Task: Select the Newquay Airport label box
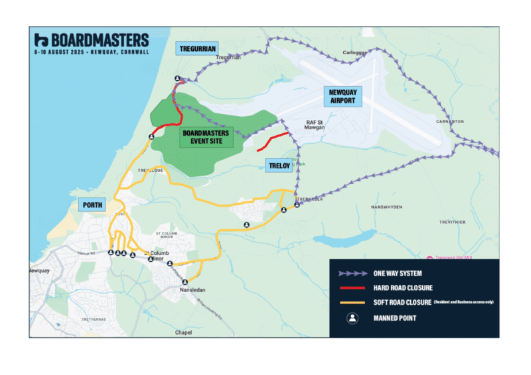[x=343, y=97]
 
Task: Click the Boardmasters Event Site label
[x=205, y=137]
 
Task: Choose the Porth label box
[x=92, y=205]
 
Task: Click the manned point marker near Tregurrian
[x=177, y=79]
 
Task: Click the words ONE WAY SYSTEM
[x=398, y=273]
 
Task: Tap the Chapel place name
[x=183, y=332]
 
